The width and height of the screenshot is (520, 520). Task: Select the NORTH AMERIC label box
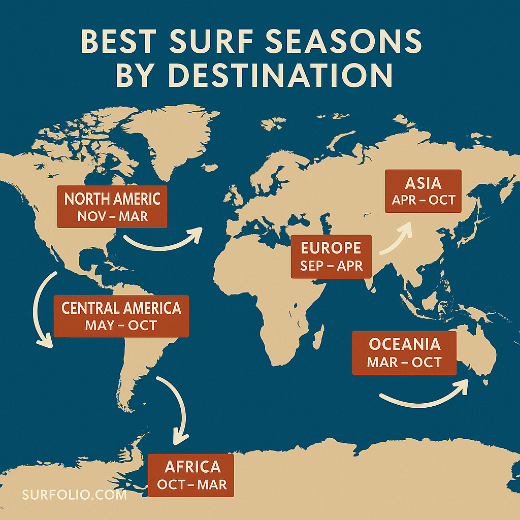(112, 206)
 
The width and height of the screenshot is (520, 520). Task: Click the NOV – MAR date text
(112, 216)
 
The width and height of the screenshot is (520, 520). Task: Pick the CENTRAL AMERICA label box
(121, 316)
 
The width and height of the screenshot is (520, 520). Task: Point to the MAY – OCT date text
(121, 325)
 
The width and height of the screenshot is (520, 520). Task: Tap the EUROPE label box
(331, 256)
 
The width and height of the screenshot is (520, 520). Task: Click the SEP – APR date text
(331, 266)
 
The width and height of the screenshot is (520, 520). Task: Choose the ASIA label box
(423, 191)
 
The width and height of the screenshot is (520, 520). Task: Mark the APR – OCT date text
(423, 200)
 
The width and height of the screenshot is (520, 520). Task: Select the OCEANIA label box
(404, 352)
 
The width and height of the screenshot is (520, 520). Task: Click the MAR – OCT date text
(404, 362)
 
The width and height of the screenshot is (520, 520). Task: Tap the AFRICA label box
(192, 475)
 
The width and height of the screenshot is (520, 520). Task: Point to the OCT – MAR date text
(192, 484)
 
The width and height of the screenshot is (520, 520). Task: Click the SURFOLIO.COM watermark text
(74, 494)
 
